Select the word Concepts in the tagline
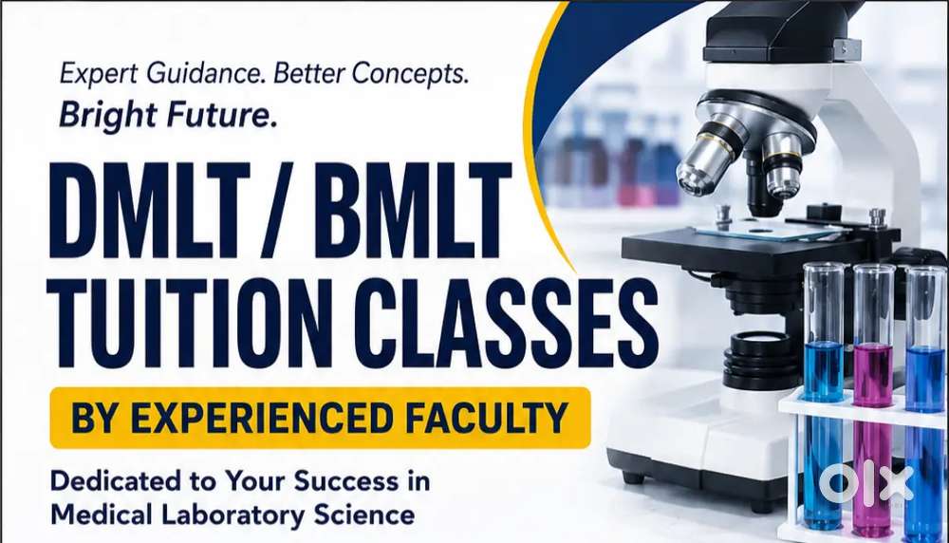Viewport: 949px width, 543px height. [x=410, y=74]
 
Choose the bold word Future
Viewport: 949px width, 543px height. [x=221, y=115]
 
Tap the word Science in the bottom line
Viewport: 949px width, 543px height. [x=364, y=515]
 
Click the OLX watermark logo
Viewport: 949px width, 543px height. [x=865, y=485]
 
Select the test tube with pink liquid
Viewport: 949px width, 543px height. [x=873, y=400]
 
